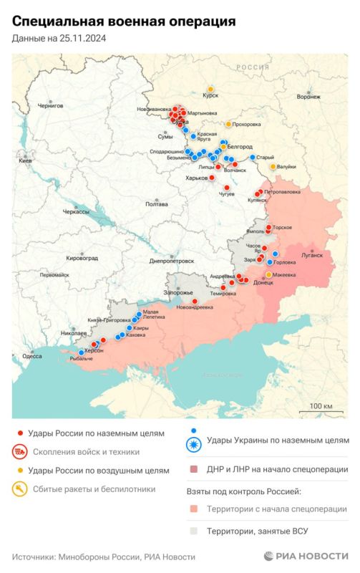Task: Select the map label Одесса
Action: [32, 356]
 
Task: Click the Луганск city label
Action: [313, 254]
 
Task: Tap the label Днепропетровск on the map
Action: [173, 262]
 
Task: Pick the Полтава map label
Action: [157, 204]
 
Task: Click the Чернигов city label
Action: [50, 105]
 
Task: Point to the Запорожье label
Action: [179, 293]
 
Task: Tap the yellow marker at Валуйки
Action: [273, 167]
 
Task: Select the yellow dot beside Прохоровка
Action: [228, 124]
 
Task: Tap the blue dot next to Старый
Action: [253, 158]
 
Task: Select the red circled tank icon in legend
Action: [20, 452]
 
